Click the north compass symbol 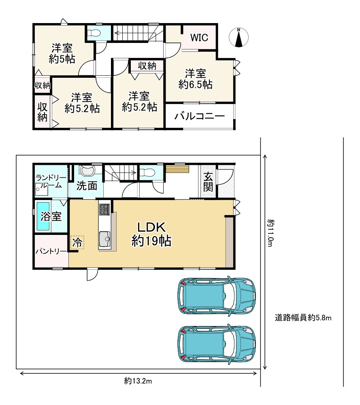point(239,37)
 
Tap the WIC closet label point(199,38)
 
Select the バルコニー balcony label point(200,117)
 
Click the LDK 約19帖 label point(151,234)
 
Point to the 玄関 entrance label point(208,182)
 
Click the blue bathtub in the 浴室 point(43,216)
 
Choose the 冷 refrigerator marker point(77,243)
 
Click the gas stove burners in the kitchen point(104,209)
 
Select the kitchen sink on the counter point(104,239)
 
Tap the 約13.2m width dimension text point(138,381)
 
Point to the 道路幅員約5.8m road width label point(303,318)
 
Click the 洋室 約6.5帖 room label point(196,79)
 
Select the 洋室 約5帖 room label point(62,53)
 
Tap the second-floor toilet point(94,33)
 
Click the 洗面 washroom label point(87,186)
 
